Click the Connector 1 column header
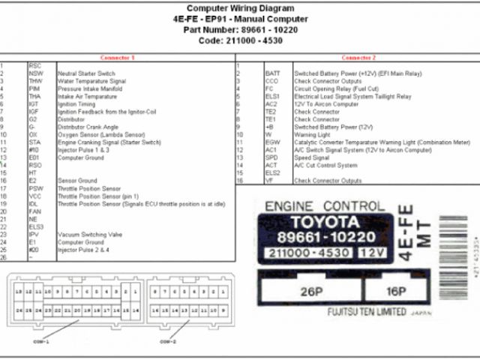point(117,58)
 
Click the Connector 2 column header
point(358,58)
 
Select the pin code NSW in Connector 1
point(36,73)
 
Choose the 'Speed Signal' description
point(310,157)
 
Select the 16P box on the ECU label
point(395,291)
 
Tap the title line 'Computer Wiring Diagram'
point(240,8)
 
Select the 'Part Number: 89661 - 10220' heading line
point(240,29)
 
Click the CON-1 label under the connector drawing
point(40,340)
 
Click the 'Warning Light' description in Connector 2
point(313,135)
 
